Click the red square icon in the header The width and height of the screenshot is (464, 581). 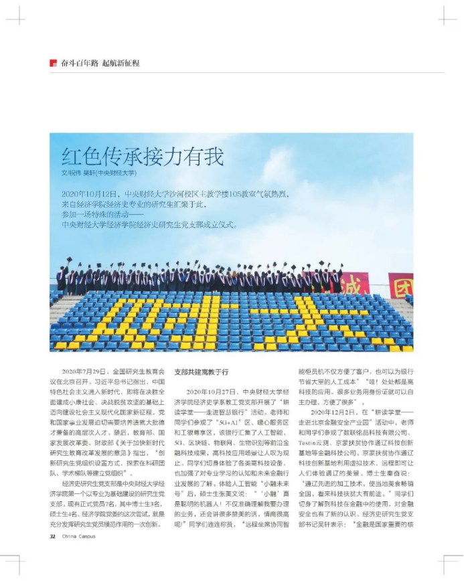click(x=53, y=63)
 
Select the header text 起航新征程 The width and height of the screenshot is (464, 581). click(x=121, y=63)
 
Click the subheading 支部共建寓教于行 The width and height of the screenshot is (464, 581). click(x=201, y=371)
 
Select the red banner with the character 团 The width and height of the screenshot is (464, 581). click(x=401, y=284)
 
